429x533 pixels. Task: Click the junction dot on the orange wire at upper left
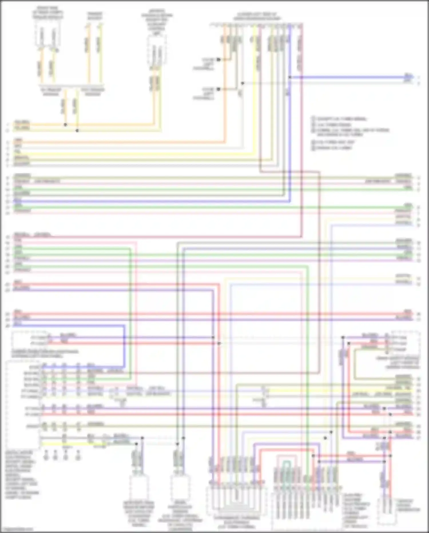point(65,125)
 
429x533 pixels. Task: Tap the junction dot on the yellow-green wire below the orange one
point(77,131)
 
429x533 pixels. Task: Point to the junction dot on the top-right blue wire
point(290,77)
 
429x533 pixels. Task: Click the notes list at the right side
point(350,133)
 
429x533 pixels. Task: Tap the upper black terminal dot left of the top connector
point(218,60)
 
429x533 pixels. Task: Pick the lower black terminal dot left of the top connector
point(218,89)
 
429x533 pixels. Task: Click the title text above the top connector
point(257,17)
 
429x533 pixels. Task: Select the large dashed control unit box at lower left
point(23,405)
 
